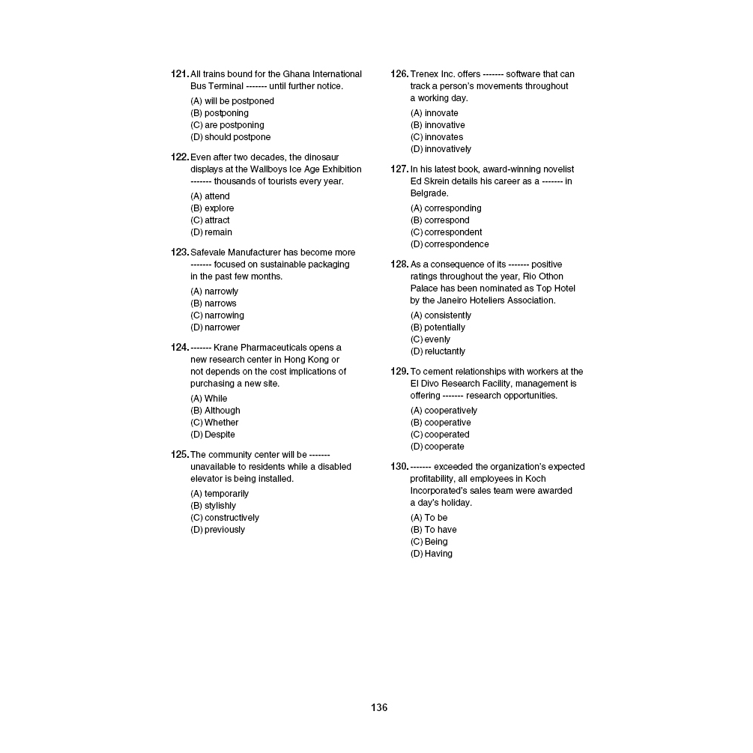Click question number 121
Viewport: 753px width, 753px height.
pyautogui.click(x=180, y=74)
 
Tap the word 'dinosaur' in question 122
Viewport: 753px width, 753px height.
pyautogui.click(x=321, y=157)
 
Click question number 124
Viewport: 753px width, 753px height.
pyautogui.click(x=180, y=348)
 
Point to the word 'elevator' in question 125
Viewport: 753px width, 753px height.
pyautogui.click(x=207, y=479)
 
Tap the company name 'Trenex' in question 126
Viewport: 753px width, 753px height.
pyautogui.click(x=424, y=74)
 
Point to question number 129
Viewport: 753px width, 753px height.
pyautogui.click(x=399, y=372)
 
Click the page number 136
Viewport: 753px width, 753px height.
pyautogui.click(x=379, y=707)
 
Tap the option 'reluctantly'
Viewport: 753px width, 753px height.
pyautogui.click(x=444, y=351)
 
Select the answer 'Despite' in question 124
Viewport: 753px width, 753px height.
pyautogui.click(x=220, y=435)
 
